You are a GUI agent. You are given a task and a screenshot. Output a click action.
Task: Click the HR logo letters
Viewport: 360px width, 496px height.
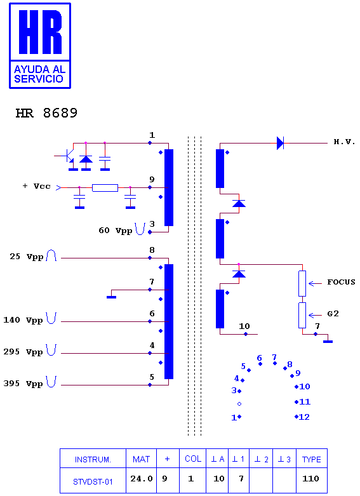click(x=40, y=32)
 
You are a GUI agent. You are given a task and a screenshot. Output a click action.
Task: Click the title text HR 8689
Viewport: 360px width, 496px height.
click(x=46, y=113)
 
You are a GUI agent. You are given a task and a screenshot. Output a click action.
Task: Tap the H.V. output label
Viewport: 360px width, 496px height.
click(x=345, y=142)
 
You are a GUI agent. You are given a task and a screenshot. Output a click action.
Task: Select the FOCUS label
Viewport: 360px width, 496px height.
click(x=341, y=282)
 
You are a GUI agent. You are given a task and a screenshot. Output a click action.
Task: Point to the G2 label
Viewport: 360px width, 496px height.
click(x=333, y=314)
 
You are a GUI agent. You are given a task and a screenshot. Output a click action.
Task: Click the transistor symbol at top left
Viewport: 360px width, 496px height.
click(x=69, y=156)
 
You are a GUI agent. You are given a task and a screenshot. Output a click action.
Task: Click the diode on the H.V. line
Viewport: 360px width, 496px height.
click(x=280, y=143)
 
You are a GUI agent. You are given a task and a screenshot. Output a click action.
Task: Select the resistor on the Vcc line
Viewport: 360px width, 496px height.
click(x=105, y=188)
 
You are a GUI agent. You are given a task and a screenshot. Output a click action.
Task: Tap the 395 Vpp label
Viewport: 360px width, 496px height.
click(x=23, y=384)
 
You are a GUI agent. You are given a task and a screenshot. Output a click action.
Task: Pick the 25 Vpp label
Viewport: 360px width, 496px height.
click(x=26, y=257)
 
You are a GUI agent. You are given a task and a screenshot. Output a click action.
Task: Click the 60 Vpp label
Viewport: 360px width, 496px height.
click(x=115, y=231)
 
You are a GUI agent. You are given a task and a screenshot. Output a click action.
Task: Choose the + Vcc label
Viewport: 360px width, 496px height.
click(x=36, y=186)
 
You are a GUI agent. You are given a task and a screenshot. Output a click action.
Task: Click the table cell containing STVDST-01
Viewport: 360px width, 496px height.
click(x=93, y=481)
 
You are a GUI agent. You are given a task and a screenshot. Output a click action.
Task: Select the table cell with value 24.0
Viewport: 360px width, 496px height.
click(x=141, y=481)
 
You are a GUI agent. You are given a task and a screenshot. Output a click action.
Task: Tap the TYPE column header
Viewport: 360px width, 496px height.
click(x=312, y=459)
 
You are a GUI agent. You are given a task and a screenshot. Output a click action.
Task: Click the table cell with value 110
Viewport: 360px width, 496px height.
click(x=312, y=481)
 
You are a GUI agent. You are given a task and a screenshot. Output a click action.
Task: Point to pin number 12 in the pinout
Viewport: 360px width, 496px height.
click(x=304, y=417)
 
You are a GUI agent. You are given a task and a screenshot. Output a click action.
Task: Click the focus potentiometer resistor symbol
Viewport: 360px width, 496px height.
click(x=302, y=283)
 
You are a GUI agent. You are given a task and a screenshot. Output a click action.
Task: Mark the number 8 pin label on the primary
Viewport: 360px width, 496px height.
click(x=152, y=250)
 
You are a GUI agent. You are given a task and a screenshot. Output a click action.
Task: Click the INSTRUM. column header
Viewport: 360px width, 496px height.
click(x=93, y=459)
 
